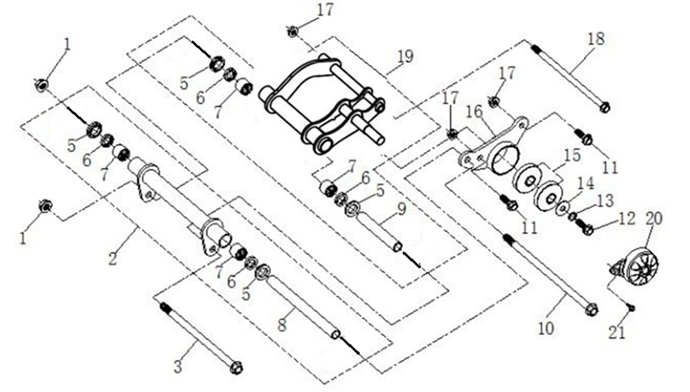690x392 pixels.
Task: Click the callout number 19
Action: pyautogui.click(x=405, y=57)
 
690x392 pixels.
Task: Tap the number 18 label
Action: pyautogui.click(x=596, y=39)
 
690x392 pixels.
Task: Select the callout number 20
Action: pyautogui.click(x=653, y=219)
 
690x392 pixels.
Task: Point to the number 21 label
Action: pyautogui.click(x=616, y=332)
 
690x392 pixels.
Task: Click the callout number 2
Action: pyautogui.click(x=113, y=258)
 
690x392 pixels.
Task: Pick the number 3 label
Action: pyautogui.click(x=178, y=367)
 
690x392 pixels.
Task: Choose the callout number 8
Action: pyautogui.click(x=282, y=325)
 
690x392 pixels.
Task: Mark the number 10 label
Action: pyautogui.click(x=546, y=328)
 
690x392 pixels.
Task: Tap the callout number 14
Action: pyautogui.click(x=585, y=184)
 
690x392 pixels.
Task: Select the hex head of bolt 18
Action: pyautogui.click(x=605, y=108)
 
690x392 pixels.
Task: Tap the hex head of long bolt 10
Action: pyautogui.click(x=592, y=309)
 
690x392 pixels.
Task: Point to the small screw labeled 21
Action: pyautogui.click(x=630, y=307)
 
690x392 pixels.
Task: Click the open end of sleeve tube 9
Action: pyautogui.click(x=398, y=247)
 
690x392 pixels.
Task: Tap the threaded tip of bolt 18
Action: pyautogui.click(x=536, y=49)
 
